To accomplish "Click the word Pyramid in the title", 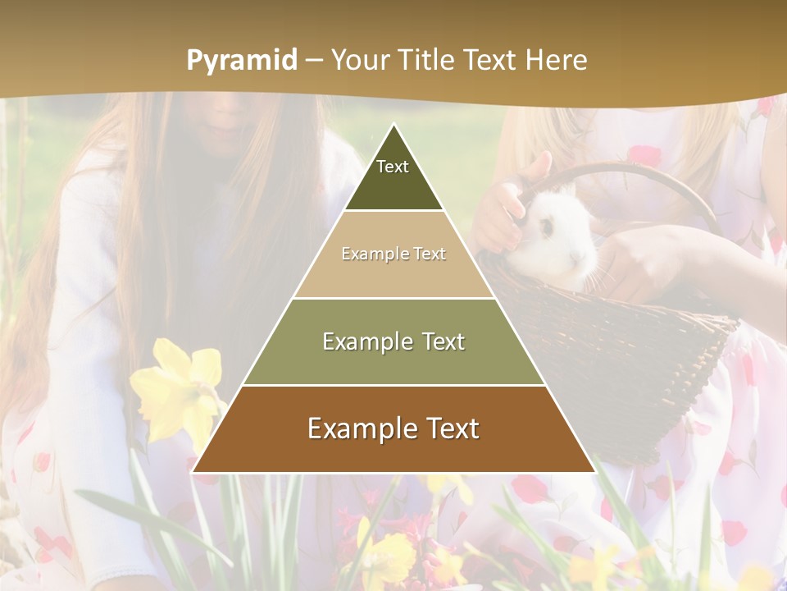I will click(x=241, y=61).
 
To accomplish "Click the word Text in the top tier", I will click(x=393, y=167).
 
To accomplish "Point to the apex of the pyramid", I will click(x=394, y=125).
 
